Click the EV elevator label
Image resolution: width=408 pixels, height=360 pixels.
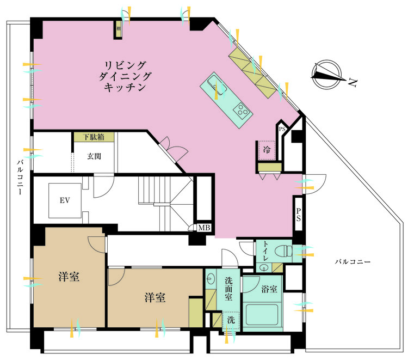point(65,200)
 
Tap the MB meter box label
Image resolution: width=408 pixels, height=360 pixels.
point(205,228)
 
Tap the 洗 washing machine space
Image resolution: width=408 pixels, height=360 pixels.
point(231,320)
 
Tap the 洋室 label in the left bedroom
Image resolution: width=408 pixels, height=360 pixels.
point(69,277)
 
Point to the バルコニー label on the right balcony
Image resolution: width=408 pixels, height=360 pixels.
point(353,262)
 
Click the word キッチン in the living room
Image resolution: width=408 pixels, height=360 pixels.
point(125,88)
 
